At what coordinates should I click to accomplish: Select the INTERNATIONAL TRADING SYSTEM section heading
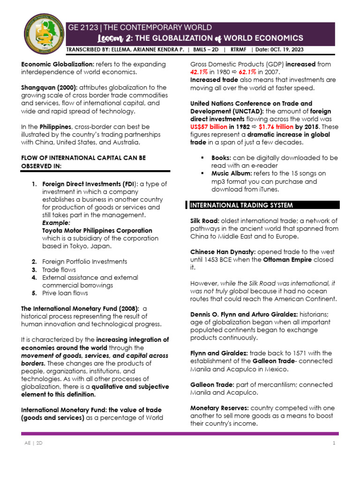click(x=241, y=205)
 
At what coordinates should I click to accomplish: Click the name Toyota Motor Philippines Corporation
click(x=97, y=231)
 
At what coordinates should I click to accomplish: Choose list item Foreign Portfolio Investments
click(x=84, y=262)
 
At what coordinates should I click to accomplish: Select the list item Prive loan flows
click(x=65, y=293)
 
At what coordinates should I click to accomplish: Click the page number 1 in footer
click(x=334, y=443)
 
